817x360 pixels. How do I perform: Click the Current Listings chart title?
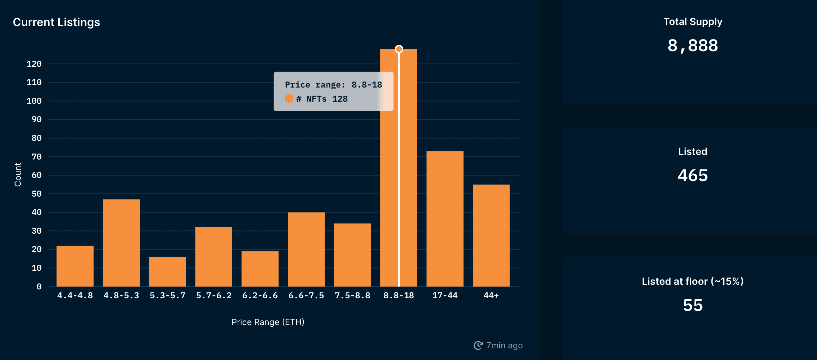pyautogui.click(x=56, y=22)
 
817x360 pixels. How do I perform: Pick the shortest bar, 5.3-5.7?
pyautogui.click(x=167, y=271)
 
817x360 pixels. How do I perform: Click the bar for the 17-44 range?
pyautogui.click(x=445, y=219)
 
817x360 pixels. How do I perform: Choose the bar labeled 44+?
pyautogui.click(x=491, y=235)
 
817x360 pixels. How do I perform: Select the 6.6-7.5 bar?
pyautogui.click(x=306, y=249)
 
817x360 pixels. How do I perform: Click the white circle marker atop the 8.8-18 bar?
pyautogui.click(x=399, y=49)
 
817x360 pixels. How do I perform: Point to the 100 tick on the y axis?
pyautogui.click(x=34, y=101)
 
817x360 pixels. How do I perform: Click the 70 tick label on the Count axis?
pyautogui.click(x=37, y=157)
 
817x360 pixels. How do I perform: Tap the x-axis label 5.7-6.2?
pyautogui.click(x=214, y=295)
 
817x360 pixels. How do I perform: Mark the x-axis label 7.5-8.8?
pyautogui.click(x=352, y=295)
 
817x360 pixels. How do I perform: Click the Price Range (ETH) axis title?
pyautogui.click(x=268, y=322)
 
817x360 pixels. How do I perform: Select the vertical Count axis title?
pyautogui.click(x=18, y=175)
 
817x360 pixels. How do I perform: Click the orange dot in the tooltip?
pyautogui.click(x=289, y=98)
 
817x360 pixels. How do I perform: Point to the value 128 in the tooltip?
pyautogui.click(x=340, y=99)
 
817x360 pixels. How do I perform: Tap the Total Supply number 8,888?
pyautogui.click(x=693, y=46)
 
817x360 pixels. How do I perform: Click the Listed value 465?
pyautogui.click(x=693, y=175)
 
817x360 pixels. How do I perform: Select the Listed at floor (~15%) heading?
pyautogui.click(x=693, y=281)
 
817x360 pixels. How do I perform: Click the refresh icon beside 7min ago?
pyautogui.click(x=478, y=346)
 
